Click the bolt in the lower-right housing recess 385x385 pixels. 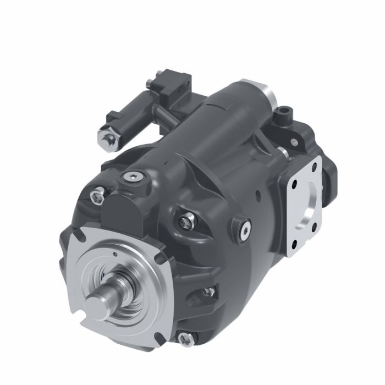pyautogui.click(x=208, y=291)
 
